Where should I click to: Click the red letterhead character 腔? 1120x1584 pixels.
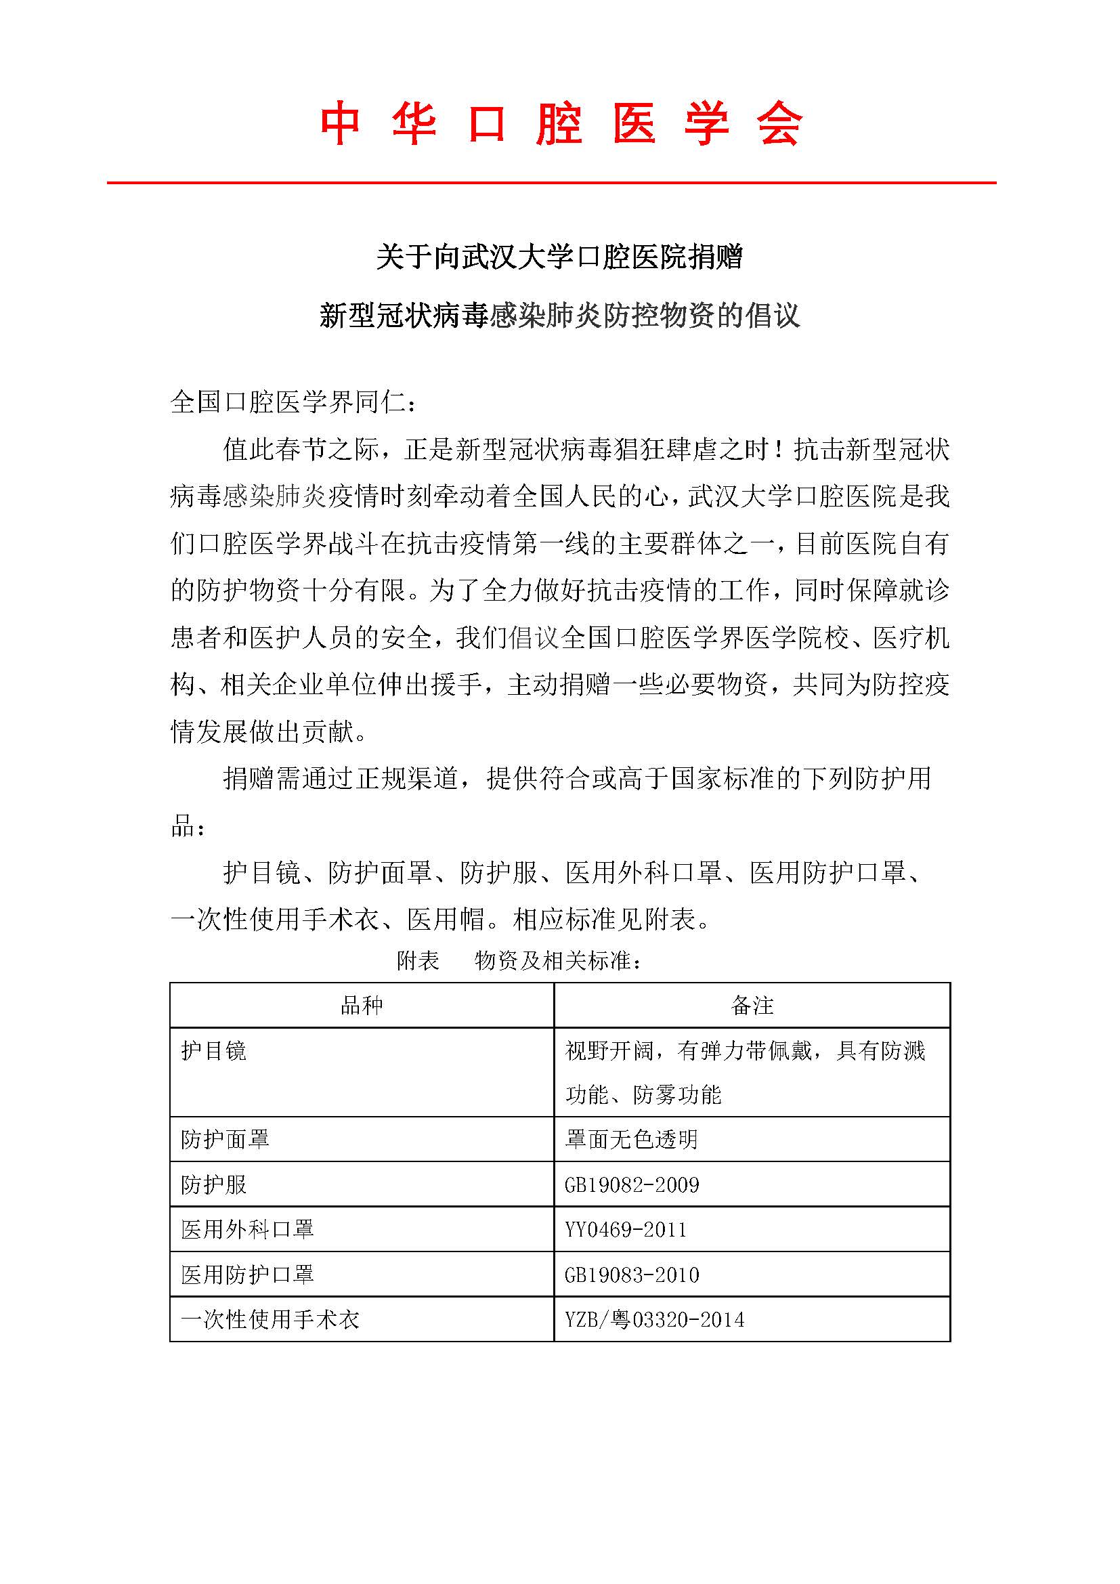[559, 125]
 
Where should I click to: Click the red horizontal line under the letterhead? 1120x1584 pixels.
[552, 183]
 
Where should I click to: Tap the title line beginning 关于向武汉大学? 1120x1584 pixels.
[559, 257]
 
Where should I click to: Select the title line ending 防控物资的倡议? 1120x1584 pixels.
[559, 316]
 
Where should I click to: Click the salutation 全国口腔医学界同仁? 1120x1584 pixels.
[293, 402]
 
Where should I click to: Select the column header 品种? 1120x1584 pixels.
[362, 1005]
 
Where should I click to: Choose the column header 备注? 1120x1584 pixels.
[752, 1005]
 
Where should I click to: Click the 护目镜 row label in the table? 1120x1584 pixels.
[214, 1051]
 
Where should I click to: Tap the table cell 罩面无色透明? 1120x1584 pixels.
[631, 1139]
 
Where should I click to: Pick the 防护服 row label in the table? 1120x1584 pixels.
[214, 1184]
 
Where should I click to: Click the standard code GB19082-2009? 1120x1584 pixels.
[632, 1185]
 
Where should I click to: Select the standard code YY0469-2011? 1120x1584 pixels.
[626, 1230]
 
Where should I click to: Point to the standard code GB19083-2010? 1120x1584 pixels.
[632, 1275]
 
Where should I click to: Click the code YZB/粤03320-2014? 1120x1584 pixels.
[655, 1320]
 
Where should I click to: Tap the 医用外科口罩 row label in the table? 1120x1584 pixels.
[248, 1229]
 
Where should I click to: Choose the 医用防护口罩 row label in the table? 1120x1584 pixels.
[248, 1275]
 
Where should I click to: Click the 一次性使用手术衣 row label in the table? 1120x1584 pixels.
[270, 1320]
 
